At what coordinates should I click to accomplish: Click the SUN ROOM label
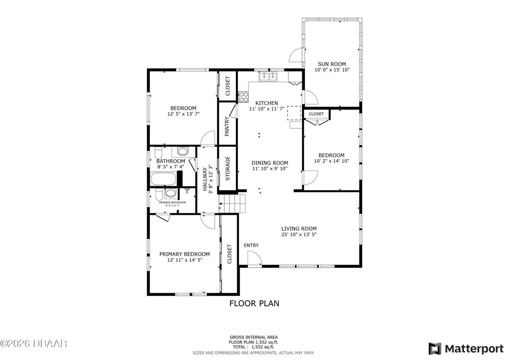tap(332, 64)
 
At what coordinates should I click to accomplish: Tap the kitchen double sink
tap(268, 77)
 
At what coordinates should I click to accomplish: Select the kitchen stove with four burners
tap(243, 97)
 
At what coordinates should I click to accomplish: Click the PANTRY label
tap(227, 126)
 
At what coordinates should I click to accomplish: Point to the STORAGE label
tap(227, 168)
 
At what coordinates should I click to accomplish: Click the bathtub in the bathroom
tap(163, 179)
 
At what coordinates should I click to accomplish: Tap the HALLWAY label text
tap(205, 179)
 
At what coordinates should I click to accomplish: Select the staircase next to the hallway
tap(232, 203)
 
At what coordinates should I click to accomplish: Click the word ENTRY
tap(251, 245)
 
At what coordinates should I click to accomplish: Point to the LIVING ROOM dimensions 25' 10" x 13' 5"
tap(299, 234)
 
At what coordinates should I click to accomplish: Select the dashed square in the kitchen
tap(294, 113)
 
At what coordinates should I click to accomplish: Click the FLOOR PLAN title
tap(254, 304)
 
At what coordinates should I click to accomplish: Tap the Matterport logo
tap(466, 348)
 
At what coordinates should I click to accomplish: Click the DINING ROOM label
tap(270, 163)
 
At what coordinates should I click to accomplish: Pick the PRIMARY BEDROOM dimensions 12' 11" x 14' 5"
tap(185, 260)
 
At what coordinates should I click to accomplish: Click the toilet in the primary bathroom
tap(159, 195)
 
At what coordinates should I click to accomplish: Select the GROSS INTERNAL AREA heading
tap(254, 337)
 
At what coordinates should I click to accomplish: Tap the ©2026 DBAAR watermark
tap(33, 344)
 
